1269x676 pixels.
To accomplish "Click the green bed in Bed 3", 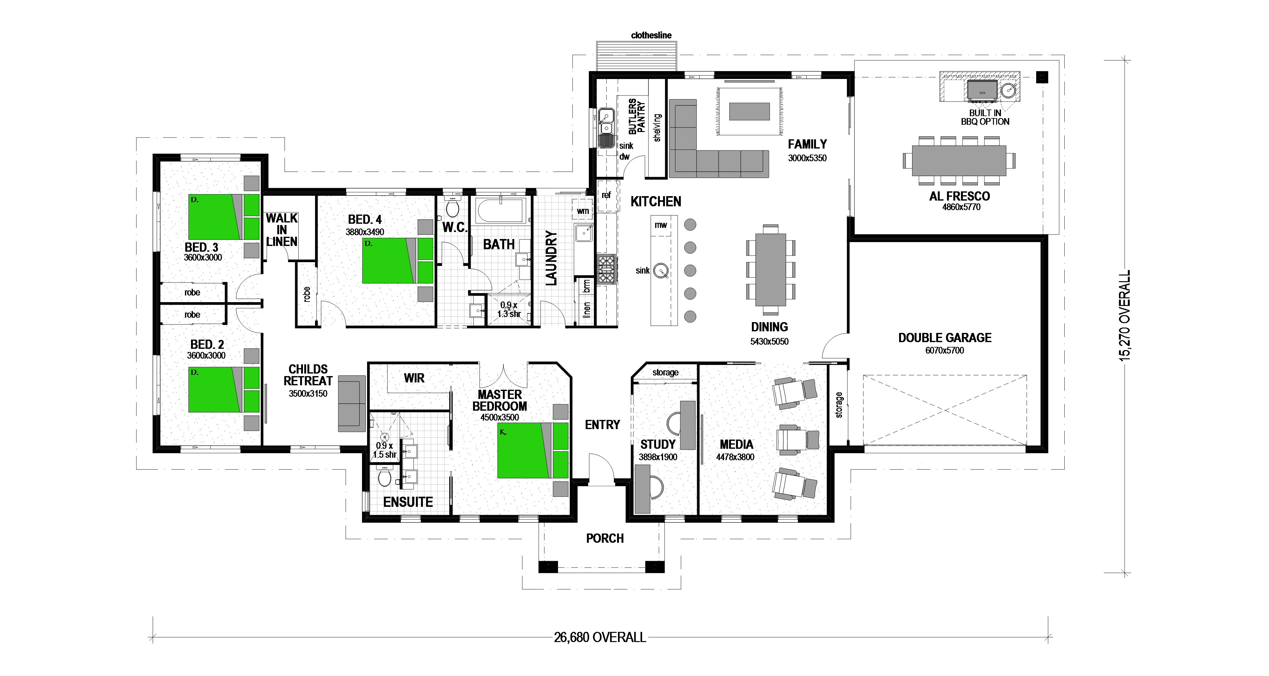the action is (x=224, y=217).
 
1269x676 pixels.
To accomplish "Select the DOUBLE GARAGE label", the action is (x=944, y=337).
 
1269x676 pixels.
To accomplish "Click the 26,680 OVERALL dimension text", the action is (x=600, y=637).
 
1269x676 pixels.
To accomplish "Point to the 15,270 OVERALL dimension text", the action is (x=1125, y=316).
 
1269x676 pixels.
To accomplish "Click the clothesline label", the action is (x=651, y=35).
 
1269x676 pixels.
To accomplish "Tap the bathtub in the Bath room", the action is (x=501, y=211).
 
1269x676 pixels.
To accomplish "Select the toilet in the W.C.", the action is (x=452, y=206).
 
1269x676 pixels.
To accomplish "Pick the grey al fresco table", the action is (x=959, y=161).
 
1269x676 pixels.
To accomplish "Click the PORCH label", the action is (x=605, y=538).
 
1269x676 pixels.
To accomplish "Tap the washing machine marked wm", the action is (x=583, y=211).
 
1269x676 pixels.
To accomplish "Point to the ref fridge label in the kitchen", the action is (x=606, y=195).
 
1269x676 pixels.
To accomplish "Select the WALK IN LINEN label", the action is (x=281, y=229).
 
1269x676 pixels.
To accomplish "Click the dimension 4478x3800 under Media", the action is (x=735, y=457).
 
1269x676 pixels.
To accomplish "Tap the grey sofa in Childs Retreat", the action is (x=352, y=403).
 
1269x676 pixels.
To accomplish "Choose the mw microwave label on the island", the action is (x=661, y=225).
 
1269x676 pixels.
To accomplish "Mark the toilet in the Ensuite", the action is (x=384, y=477).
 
